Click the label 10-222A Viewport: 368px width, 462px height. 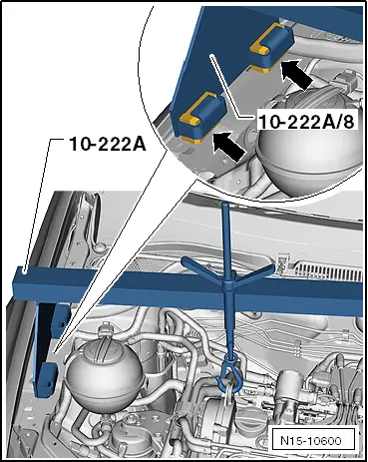pos(108,144)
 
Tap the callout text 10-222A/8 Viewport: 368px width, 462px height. pos(306,122)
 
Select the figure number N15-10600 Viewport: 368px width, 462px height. pos(311,441)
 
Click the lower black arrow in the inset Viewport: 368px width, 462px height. pos(229,147)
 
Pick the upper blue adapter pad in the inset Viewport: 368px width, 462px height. pos(271,46)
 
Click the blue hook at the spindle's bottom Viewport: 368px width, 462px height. pos(228,372)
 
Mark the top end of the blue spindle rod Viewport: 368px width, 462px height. pos(224,204)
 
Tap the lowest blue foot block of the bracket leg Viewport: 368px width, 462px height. pos(45,380)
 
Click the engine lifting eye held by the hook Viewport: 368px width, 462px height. pos(227,394)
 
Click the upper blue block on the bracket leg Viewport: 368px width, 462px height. pos(62,318)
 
